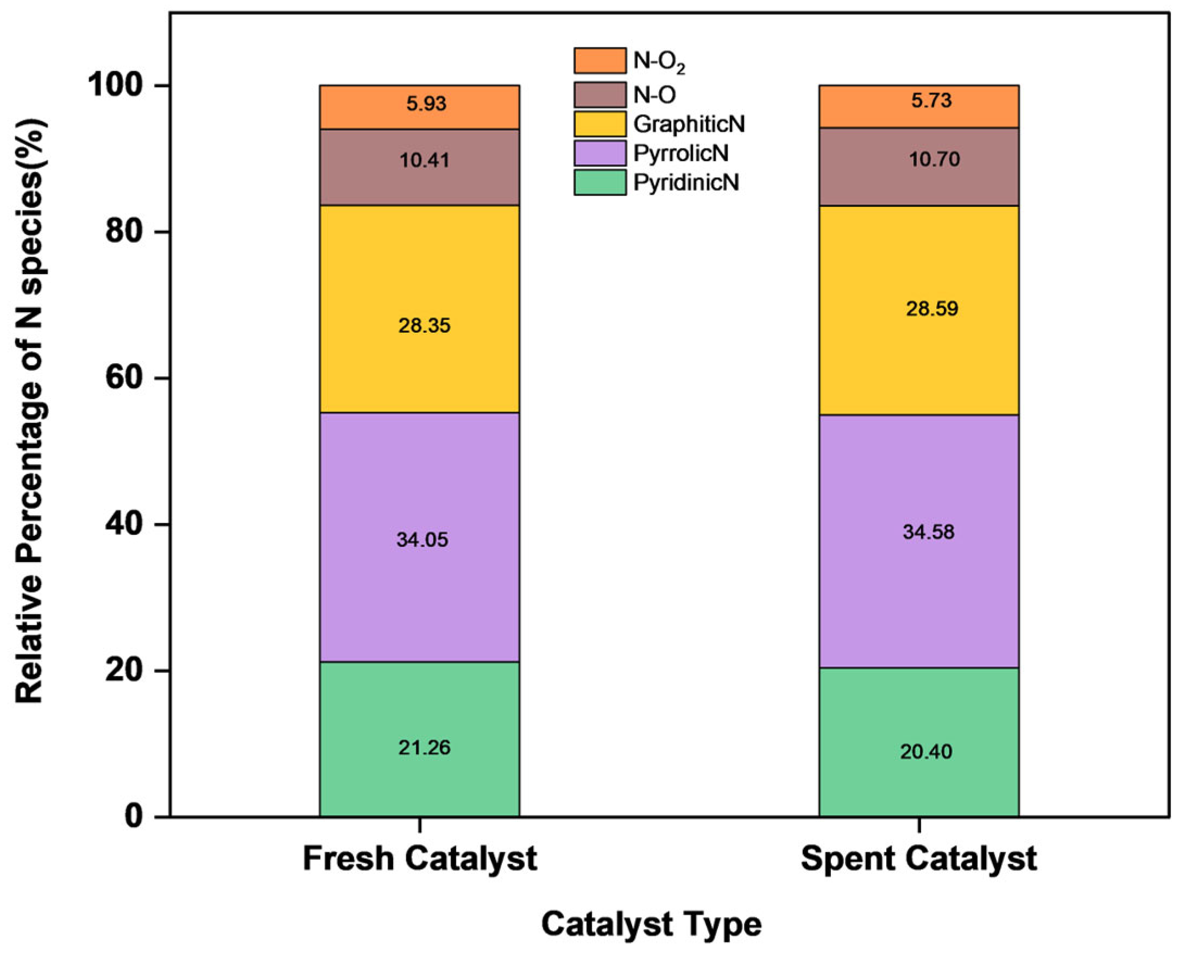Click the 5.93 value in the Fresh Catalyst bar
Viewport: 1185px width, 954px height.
tap(426, 104)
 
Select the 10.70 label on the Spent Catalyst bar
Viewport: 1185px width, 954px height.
tap(934, 160)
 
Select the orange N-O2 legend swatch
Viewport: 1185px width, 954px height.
tap(600, 60)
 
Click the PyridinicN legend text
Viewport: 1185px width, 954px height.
tap(686, 182)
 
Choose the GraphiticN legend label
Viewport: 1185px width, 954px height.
tap(689, 124)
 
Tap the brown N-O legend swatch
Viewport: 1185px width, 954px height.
tap(600, 94)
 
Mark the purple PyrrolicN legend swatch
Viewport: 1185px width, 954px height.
tap(600, 153)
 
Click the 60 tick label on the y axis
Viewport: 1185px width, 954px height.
tap(123, 378)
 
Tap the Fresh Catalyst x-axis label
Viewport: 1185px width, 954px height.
tap(419, 858)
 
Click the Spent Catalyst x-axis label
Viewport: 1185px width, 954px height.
tap(918, 858)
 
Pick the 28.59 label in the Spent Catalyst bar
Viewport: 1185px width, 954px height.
tap(931, 308)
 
